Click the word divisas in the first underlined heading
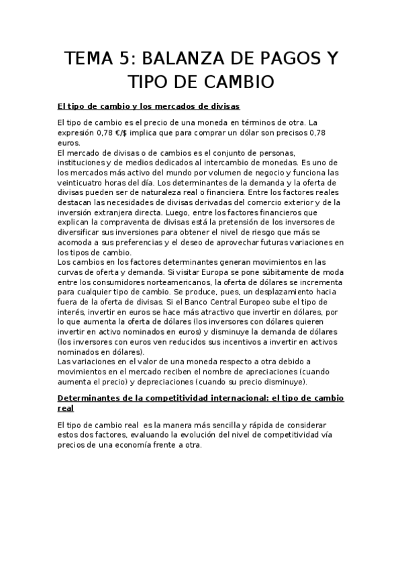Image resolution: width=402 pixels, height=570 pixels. (x=223, y=107)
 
